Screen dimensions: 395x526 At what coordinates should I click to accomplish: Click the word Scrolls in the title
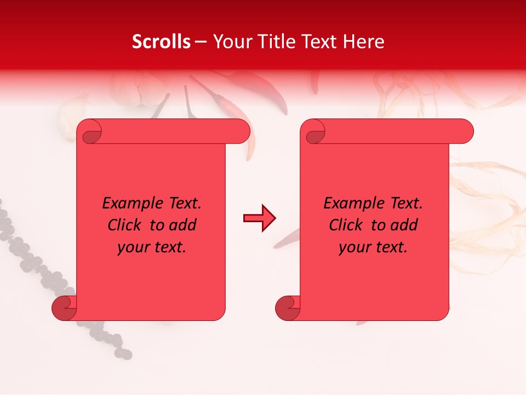pyautogui.click(x=161, y=42)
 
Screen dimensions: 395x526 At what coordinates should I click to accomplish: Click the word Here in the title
pyautogui.click(x=363, y=42)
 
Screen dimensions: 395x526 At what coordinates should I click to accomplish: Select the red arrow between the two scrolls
pyautogui.click(x=259, y=218)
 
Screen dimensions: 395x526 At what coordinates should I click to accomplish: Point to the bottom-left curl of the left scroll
pyautogui.click(x=64, y=308)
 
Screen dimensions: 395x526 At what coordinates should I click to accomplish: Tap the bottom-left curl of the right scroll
pyautogui.click(x=288, y=308)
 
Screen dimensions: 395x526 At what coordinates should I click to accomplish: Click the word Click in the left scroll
pyautogui.click(x=125, y=225)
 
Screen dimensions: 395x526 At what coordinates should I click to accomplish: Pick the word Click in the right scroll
pyautogui.click(x=346, y=225)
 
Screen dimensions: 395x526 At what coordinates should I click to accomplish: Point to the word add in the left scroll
pyautogui.click(x=183, y=225)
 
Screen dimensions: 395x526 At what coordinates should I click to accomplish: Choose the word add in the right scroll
pyautogui.click(x=404, y=225)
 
